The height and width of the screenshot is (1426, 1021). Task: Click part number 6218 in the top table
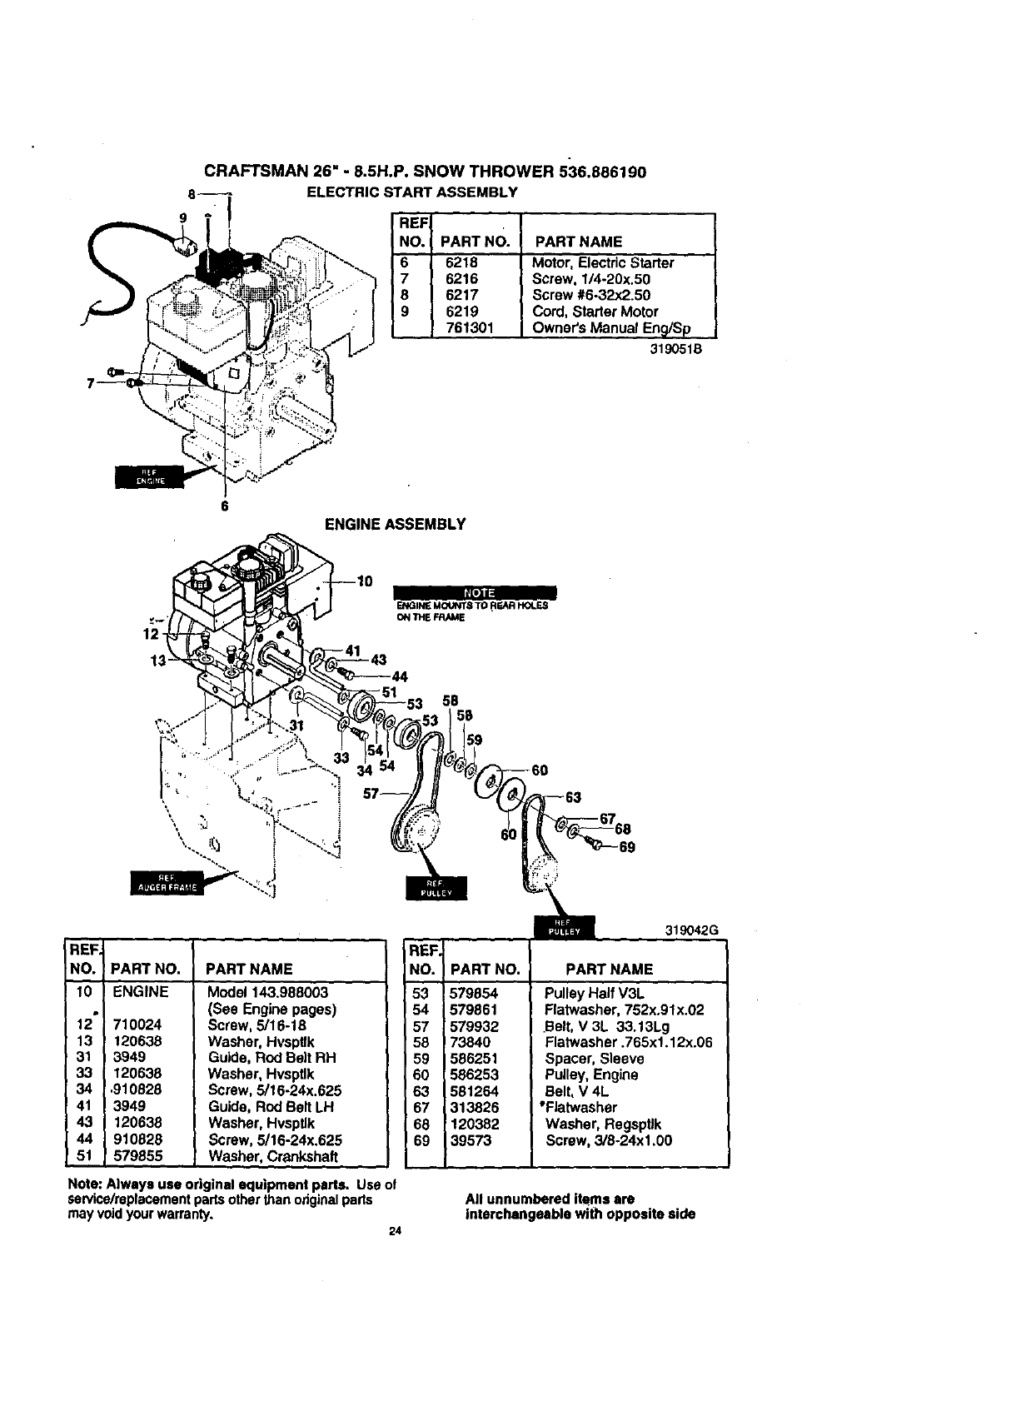[x=461, y=262]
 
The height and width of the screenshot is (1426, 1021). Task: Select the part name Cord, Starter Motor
[x=595, y=312]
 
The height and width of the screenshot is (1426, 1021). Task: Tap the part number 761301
[x=470, y=328]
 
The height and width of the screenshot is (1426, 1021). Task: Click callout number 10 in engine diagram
[x=365, y=581]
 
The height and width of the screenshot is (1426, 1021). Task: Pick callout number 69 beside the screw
[x=627, y=847]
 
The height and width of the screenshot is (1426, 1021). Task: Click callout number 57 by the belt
[x=371, y=793]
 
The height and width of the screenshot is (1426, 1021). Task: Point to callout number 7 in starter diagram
[x=89, y=383]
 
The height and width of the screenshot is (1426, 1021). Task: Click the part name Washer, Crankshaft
[x=273, y=1156]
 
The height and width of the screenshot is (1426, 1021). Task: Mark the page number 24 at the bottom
[x=396, y=1234]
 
